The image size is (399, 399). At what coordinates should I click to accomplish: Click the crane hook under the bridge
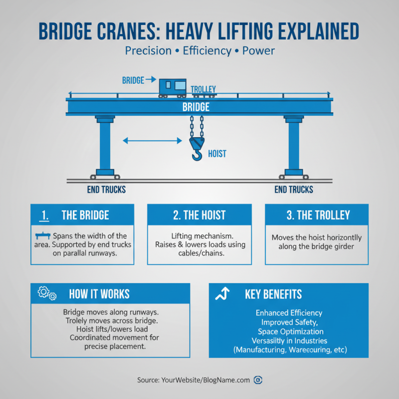196,150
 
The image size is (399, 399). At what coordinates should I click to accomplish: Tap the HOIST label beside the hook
217,154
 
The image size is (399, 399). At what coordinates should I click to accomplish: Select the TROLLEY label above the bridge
203,89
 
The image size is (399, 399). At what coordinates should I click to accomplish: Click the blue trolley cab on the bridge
173,87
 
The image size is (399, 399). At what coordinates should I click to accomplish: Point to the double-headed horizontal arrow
152,141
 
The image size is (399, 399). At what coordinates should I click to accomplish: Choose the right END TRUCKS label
294,190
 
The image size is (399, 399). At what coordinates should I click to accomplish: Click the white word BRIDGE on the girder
196,107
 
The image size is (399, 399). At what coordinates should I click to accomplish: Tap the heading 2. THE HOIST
199,215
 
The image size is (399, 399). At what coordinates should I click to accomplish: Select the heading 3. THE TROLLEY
316,215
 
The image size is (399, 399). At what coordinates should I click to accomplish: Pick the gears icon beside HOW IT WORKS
46,294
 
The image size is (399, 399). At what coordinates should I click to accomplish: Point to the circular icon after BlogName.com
258,380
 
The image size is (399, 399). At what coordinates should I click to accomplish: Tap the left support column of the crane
105,145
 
